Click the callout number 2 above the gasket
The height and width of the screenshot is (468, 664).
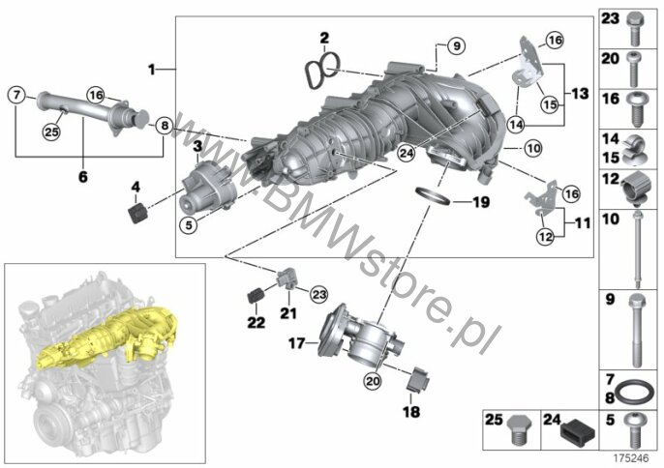(x=324, y=38)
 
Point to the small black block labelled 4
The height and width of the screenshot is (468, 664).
(x=137, y=210)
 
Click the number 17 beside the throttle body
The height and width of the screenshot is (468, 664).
(x=297, y=341)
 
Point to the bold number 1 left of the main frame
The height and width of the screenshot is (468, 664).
(x=152, y=70)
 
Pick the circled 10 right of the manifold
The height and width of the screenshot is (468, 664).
(x=530, y=148)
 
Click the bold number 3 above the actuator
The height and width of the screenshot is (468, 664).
(x=196, y=146)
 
